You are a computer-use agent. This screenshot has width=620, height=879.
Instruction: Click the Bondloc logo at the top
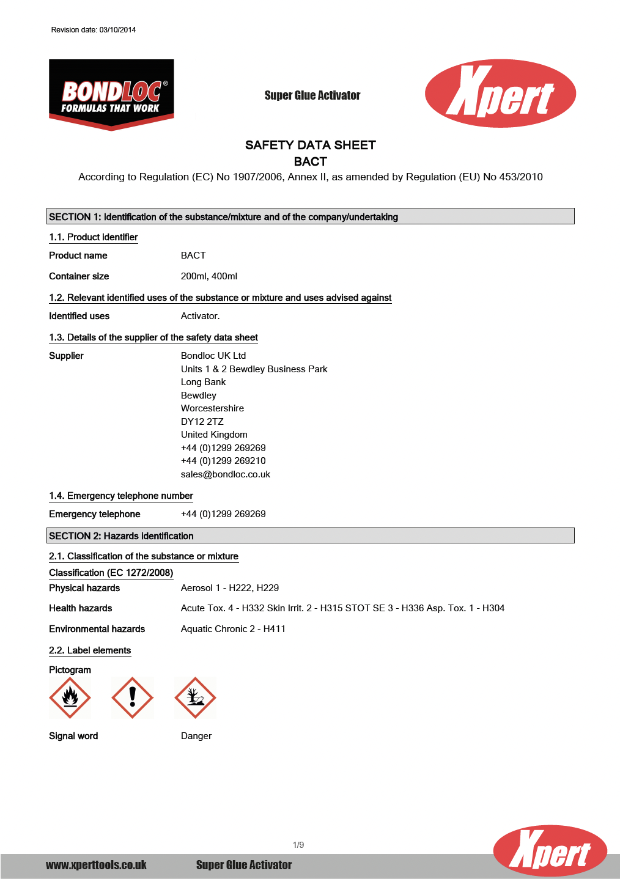click(111, 94)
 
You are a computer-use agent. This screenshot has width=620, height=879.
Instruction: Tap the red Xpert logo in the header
click(500, 94)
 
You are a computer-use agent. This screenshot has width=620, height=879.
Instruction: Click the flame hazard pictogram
click(70, 697)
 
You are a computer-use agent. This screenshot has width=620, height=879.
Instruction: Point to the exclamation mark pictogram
click(132, 697)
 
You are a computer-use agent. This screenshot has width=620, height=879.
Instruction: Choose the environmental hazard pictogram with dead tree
click(195, 697)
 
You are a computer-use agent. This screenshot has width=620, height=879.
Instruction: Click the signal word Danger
click(196, 736)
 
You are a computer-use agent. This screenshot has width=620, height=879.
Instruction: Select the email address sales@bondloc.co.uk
click(225, 474)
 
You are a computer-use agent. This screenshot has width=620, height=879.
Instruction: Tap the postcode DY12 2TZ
click(202, 422)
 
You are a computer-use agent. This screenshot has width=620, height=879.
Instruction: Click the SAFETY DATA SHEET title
click(310, 145)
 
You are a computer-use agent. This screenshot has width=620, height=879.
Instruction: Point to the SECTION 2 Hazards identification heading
click(121, 536)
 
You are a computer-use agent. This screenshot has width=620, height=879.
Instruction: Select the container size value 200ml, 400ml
click(209, 276)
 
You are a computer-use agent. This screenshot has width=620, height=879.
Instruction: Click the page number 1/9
click(298, 845)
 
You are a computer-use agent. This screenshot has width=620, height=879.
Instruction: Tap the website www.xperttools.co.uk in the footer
click(96, 865)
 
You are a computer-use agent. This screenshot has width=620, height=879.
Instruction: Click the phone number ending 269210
click(223, 461)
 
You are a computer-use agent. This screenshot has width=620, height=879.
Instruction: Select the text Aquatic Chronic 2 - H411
click(233, 629)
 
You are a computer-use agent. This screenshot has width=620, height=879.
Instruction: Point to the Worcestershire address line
click(212, 408)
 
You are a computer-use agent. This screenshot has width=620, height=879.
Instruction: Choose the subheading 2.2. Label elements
click(90, 650)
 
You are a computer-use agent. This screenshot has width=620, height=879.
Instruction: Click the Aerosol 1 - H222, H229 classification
click(230, 588)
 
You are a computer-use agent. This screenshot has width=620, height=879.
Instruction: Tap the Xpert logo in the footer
click(550, 850)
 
